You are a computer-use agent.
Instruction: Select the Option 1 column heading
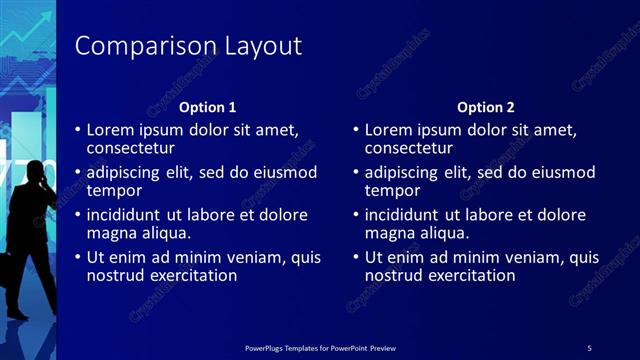tap(207, 107)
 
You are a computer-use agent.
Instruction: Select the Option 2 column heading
tap(486, 107)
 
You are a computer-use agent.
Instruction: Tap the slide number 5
tap(589, 347)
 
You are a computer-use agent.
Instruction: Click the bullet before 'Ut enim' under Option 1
tap(77, 258)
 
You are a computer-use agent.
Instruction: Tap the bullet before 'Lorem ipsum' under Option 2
tap(355, 130)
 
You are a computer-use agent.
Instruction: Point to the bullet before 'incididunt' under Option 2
tap(355, 215)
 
